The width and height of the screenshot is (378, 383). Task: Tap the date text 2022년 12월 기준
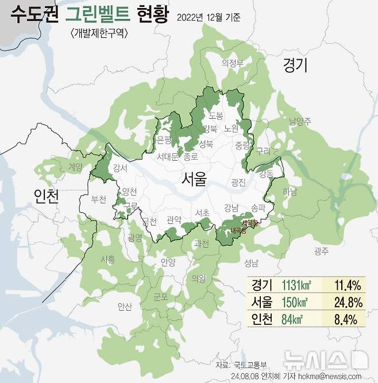209,17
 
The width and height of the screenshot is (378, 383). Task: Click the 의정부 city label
233,63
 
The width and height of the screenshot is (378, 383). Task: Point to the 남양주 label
300,121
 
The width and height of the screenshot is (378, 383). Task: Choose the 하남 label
291,193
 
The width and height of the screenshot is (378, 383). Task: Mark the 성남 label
251,263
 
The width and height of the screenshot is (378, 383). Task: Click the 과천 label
202,243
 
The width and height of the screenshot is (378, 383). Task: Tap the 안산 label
124,306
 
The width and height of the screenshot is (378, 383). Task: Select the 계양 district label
75,167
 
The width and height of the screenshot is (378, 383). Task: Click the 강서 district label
121,168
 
